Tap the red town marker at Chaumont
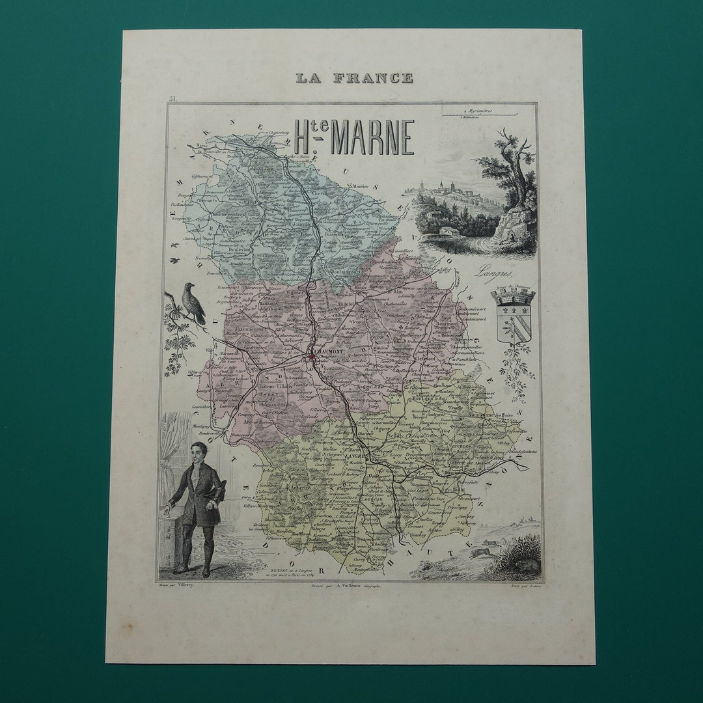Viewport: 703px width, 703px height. click(x=312, y=356)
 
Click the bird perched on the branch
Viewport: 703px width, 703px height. click(x=193, y=303)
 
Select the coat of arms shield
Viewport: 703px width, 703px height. click(x=513, y=316)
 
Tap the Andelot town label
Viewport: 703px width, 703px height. click(x=345, y=303)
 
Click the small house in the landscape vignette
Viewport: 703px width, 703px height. click(x=448, y=230)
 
